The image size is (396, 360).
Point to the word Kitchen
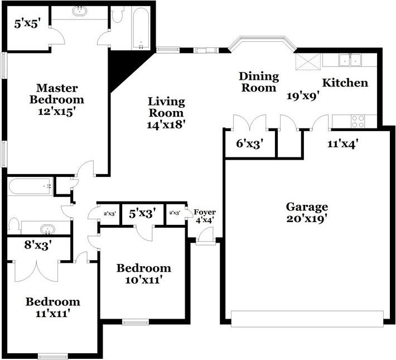tap(345, 83)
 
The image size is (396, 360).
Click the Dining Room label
tap(258, 81)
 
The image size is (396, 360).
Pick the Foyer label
tap(204, 212)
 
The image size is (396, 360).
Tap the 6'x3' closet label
tap(249, 143)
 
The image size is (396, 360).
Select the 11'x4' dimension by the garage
tap(341, 143)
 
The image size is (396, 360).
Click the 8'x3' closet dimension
tap(38, 244)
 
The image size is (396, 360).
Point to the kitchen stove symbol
tap(357, 121)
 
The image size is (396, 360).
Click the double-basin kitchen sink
tap(350, 59)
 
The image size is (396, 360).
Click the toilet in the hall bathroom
tap(15, 225)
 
